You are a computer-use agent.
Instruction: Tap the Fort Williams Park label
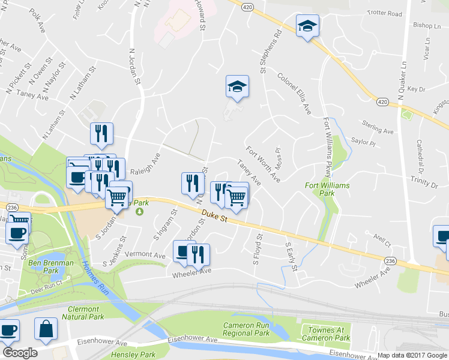pyautogui.click(x=327, y=190)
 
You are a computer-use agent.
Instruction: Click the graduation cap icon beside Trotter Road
pyautogui.click(x=307, y=26)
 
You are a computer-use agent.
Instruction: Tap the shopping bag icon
pyautogui.click(x=46, y=329)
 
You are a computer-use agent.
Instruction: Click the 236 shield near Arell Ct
pyautogui.click(x=390, y=260)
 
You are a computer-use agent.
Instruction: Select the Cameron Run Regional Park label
pyautogui.click(x=246, y=329)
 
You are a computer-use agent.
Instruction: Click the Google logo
pyautogui.click(x=20, y=352)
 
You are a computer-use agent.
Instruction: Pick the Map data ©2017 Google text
pyautogui.click(x=412, y=355)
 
